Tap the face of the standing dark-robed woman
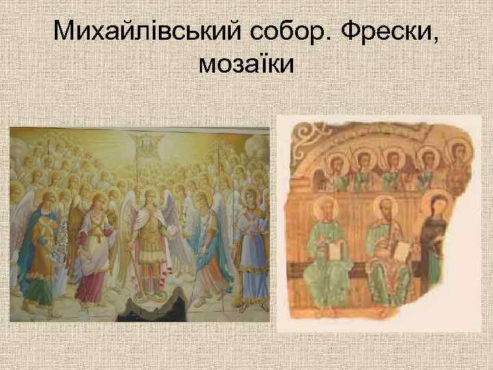pyautogui.click(x=435, y=205)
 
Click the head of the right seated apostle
pyautogui.click(x=385, y=208)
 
